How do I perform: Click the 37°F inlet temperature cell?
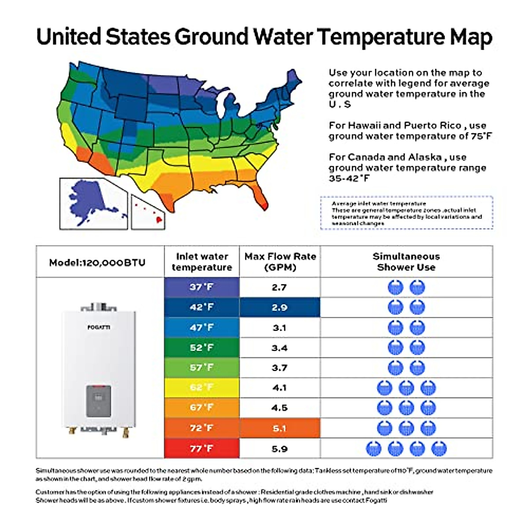202,287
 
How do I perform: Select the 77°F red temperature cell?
202,448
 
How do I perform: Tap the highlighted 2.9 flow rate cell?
279,308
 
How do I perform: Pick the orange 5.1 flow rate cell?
279,428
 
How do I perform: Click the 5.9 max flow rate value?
279,449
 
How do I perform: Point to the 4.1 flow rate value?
279,388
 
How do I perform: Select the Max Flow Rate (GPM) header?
280,262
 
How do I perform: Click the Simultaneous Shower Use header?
406,262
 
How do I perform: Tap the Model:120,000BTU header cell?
97,263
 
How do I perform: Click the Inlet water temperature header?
202,262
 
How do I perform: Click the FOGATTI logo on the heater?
99,327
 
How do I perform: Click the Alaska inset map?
93,203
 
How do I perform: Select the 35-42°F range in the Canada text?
349,179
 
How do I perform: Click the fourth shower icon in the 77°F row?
439,449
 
